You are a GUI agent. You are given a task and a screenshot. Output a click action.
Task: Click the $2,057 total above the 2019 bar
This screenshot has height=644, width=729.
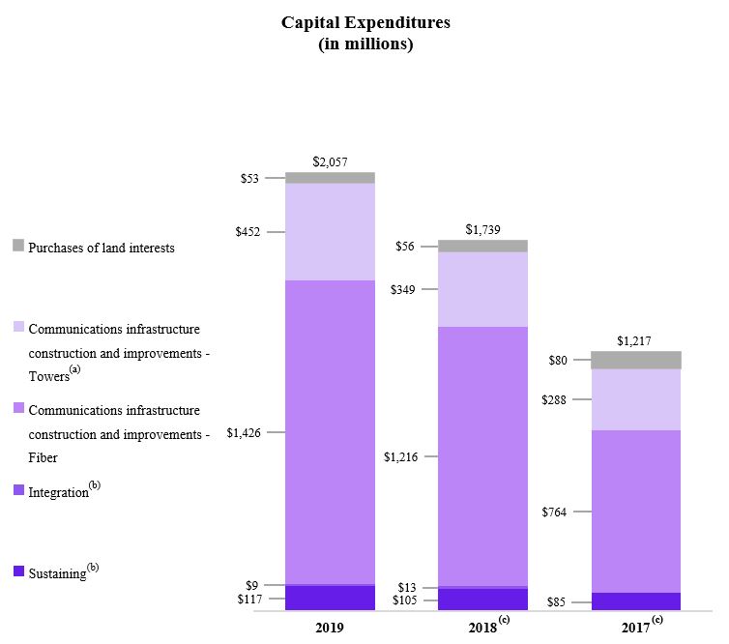tap(330, 162)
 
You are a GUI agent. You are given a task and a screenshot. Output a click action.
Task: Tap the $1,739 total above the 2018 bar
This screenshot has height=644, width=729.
tap(483, 230)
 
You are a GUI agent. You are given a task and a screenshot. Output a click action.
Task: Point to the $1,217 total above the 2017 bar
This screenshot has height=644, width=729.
tap(635, 341)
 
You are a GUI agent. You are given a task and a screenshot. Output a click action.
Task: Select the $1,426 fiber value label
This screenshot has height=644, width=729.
tap(243, 433)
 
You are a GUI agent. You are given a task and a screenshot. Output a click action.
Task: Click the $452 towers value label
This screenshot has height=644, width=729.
tap(248, 232)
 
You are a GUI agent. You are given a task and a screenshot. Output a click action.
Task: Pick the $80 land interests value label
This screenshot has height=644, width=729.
tap(557, 361)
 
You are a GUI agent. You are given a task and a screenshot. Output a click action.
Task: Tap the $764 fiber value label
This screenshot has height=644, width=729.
tap(554, 512)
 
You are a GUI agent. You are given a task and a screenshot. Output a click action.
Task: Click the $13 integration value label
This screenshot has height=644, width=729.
tap(406, 588)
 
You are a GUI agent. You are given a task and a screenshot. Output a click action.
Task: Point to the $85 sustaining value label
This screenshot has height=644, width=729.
tap(556, 602)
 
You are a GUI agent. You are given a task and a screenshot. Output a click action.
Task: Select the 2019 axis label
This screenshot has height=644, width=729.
tap(330, 627)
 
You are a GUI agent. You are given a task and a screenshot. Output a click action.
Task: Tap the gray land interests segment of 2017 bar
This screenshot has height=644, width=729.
tap(636, 360)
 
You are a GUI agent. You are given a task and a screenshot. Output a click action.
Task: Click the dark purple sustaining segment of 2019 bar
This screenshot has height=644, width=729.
tap(330, 599)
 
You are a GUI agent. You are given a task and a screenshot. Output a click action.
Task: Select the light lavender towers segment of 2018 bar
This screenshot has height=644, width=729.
tap(483, 289)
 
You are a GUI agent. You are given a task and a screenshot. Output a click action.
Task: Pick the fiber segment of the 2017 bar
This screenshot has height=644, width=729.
tap(636, 511)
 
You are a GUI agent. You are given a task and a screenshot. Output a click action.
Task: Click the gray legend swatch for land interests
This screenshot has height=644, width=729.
tap(18, 246)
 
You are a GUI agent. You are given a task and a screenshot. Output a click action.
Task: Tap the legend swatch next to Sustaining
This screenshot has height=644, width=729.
tap(18, 571)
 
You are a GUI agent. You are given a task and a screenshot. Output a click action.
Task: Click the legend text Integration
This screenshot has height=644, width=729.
tap(58, 493)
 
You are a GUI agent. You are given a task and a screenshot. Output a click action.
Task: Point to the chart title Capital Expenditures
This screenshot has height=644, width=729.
tap(365, 22)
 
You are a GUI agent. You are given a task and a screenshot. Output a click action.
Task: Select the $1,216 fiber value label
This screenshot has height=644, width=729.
tap(400, 457)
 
